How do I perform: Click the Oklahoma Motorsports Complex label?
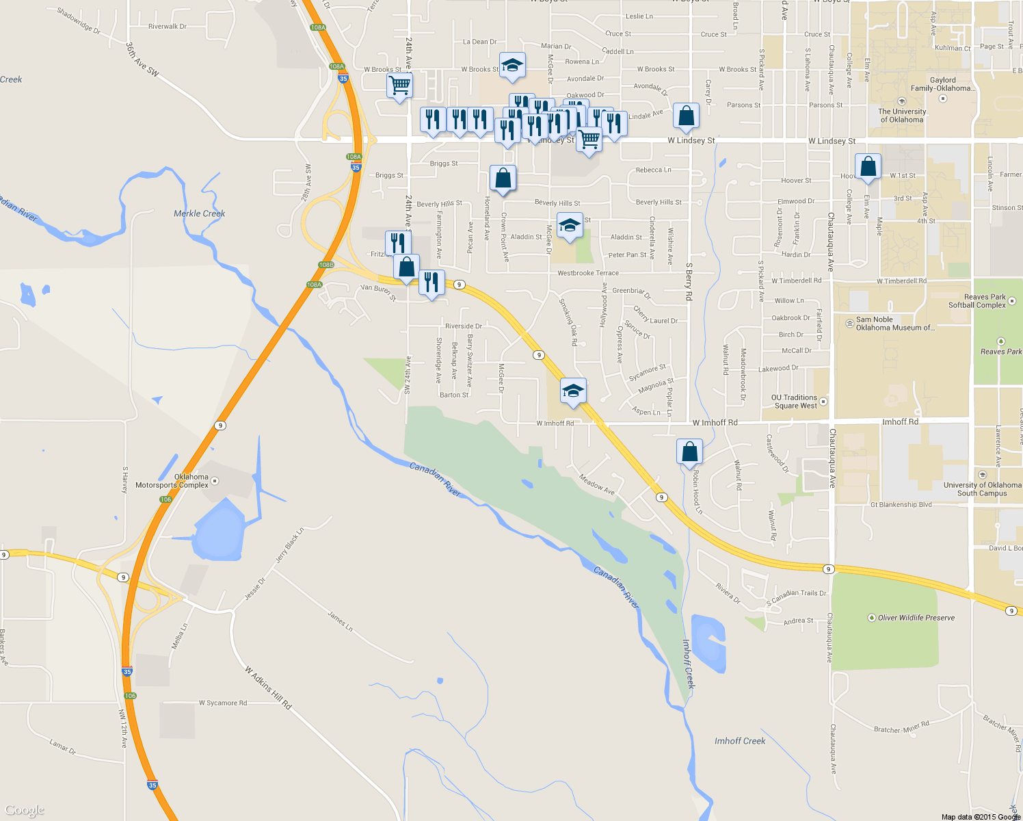pos(172,481)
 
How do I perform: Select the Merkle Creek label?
pos(199,213)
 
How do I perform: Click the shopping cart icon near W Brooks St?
pos(399,86)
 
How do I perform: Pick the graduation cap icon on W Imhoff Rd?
pos(573,391)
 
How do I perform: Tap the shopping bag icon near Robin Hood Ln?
pos(689,452)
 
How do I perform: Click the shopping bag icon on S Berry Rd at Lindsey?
pos(686,116)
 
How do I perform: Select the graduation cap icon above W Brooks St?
pos(511,66)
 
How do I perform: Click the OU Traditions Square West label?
pos(795,402)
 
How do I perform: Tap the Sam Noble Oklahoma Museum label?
pos(894,324)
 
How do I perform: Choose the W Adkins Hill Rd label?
pos(268,688)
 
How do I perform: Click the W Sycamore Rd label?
pos(223,703)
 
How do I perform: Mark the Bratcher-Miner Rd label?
pos(901,727)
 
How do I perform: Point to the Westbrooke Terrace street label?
pos(587,273)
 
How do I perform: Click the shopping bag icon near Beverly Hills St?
pos(503,179)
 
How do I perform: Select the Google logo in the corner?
pos(24,810)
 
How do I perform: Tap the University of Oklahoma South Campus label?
pos(982,489)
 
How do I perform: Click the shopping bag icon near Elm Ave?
pos(868,167)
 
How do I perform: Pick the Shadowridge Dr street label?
pos(78,21)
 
